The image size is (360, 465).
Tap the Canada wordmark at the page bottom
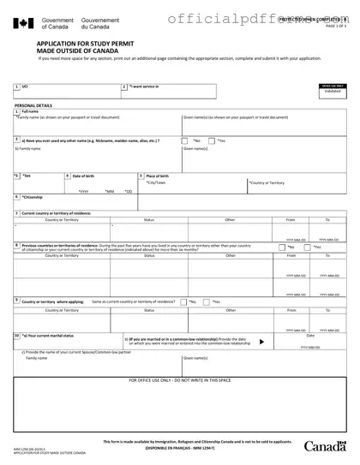(x=325, y=446)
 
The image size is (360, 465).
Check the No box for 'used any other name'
(x=191, y=140)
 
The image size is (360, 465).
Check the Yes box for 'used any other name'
(x=214, y=140)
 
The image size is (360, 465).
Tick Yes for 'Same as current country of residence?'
(x=209, y=301)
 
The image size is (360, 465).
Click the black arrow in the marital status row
(x=261, y=341)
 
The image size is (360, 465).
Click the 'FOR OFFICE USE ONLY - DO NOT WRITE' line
(x=179, y=379)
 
